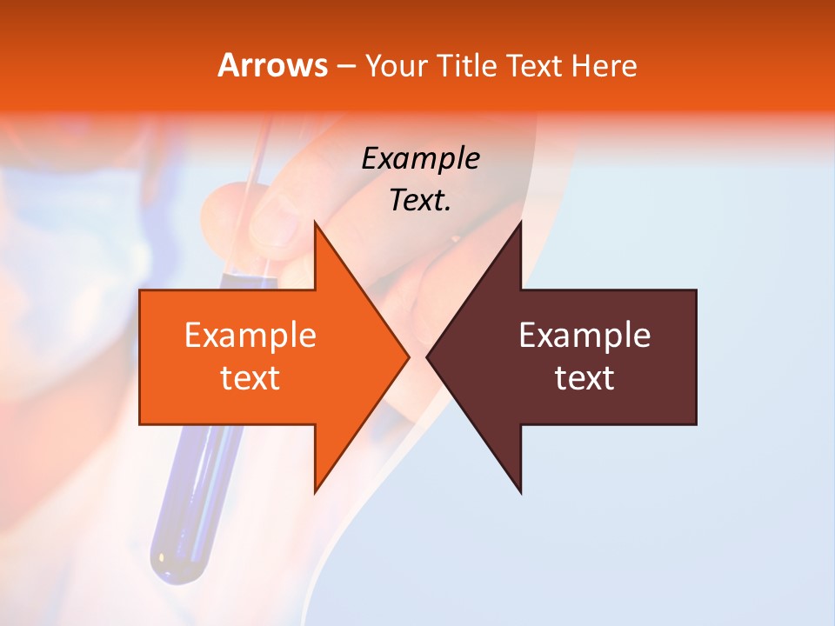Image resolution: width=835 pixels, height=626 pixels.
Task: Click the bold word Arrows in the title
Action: pos(272,65)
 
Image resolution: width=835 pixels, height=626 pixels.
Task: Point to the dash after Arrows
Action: pos(345,66)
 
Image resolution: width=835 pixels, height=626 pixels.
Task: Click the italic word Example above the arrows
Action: pos(420,158)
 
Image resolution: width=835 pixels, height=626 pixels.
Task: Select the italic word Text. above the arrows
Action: pos(420,201)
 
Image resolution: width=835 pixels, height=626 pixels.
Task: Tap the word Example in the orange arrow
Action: pos(250,336)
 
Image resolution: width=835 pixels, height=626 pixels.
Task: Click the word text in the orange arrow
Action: pos(250,378)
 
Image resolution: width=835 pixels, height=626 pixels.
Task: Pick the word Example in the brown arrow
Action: pos(584,336)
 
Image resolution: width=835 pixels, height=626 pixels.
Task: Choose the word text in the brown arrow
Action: pos(584,378)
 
